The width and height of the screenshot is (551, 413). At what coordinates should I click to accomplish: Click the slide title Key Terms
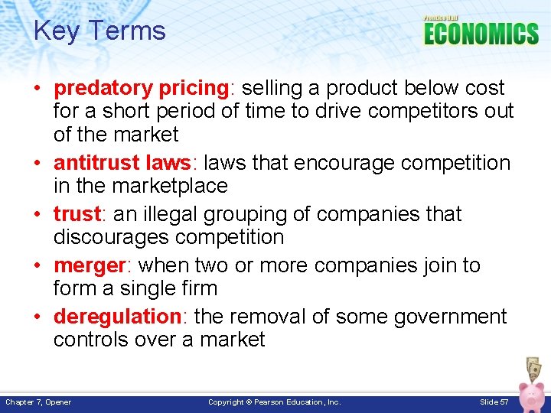pyautogui.click(x=99, y=31)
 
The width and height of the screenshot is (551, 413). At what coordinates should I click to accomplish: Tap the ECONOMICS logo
pyautogui.click(x=481, y=33)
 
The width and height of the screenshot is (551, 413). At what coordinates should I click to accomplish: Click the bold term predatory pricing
pyautogui.click(x=141, y=88)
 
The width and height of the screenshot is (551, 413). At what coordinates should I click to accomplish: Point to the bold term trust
pyautogui.click(x=77, y=214)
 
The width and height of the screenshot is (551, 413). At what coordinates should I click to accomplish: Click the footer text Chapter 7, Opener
pyautogui.click(x=39, y=402)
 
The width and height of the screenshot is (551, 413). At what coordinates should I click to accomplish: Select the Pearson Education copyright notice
pyautogui.click(x=275, y=402)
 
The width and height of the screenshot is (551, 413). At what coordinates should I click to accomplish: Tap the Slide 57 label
pyautogui.click(x=494, y=402)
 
